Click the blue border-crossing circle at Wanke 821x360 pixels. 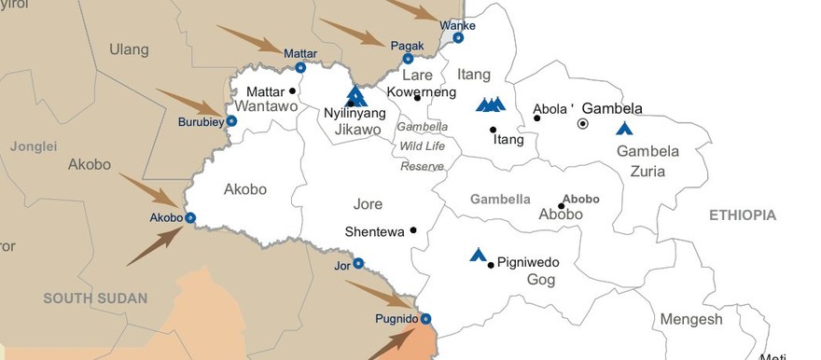(x=458, y=38)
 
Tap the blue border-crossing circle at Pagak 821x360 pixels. (x=408, y=59)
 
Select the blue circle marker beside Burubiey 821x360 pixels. (x=231, y=121)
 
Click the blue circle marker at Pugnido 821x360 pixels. (x=426, y=319)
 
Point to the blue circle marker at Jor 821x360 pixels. (x=358, y=263)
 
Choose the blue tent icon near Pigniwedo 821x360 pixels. (x=479, y=254)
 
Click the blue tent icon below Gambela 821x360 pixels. (x=624, y=128)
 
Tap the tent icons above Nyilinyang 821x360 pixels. (x=355, y=95)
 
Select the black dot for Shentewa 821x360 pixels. (x=413, y=230)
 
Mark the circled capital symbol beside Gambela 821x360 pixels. (x=583, y=123)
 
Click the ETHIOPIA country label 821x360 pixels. (x=743, y=215)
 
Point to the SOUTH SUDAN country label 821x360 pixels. (x=95, y=298)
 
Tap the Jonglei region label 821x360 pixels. (x=34, y=146)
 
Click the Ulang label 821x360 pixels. (x=129, y=48)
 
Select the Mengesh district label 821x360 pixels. (x=691, y=319)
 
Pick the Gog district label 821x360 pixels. (x=541, y=280)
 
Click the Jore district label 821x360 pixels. (x=368, y=204)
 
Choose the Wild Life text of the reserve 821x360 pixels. (x=423, y=146)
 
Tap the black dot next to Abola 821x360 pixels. (x=537, y=118)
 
